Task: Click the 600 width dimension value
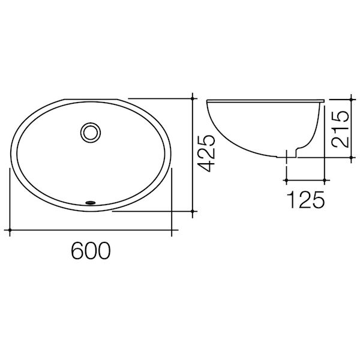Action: [91, 251]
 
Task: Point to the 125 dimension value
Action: [306, 199]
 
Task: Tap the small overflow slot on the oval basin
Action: [91, 203]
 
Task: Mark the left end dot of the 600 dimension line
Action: [11, 229]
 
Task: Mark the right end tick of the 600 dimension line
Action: [172, 229]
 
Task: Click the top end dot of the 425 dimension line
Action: [192, 98]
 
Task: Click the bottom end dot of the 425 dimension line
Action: [192, 211]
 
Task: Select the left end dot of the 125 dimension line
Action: [287, 179]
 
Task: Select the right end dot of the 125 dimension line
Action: [325, 179]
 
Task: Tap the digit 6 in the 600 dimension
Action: [77, 251]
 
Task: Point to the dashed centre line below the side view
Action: [287, 165]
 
